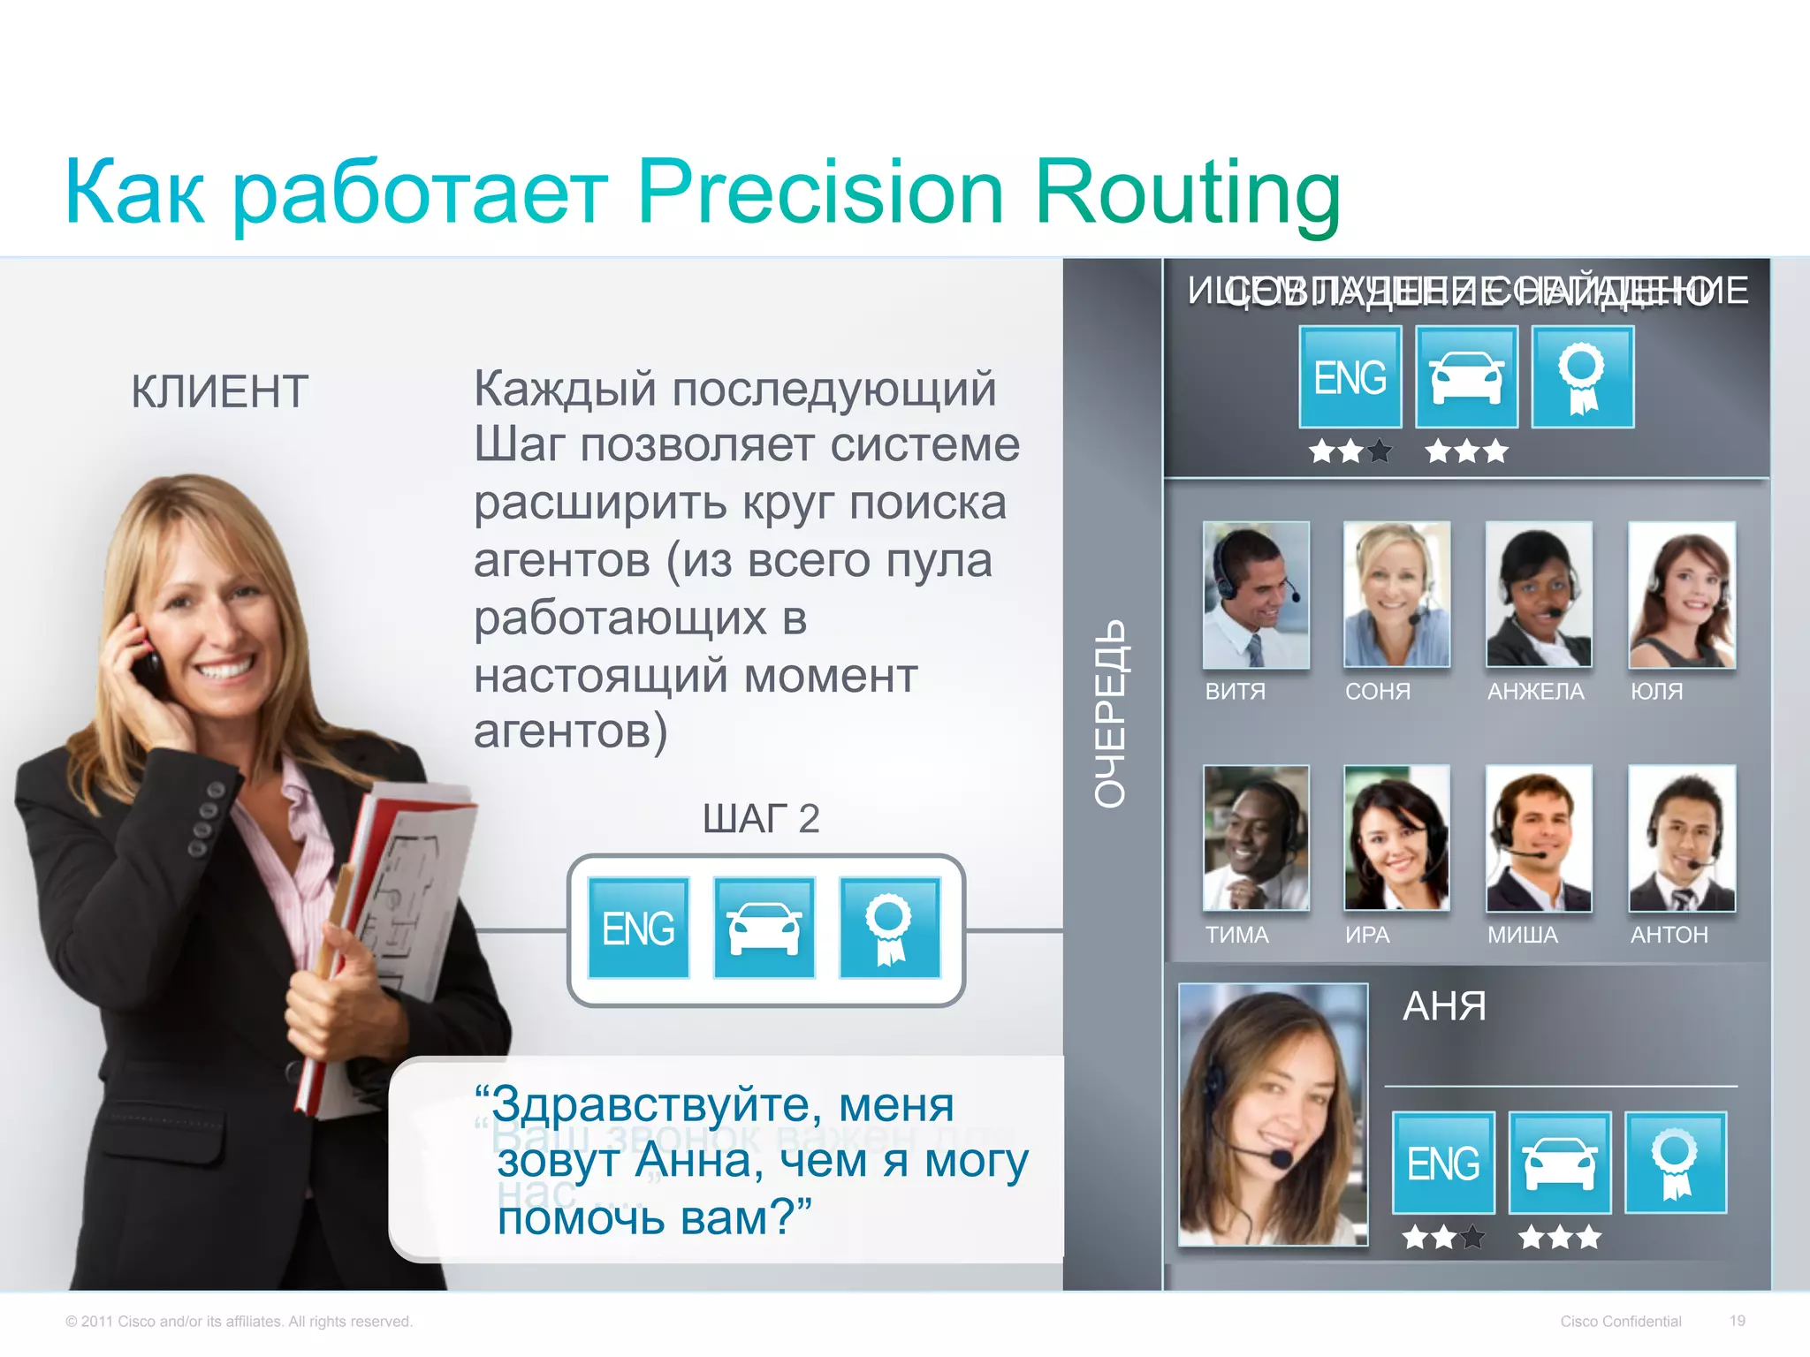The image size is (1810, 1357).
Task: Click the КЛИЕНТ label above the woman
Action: (x=219, y=391)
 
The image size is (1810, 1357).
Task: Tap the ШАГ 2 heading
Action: (x=761, y=819)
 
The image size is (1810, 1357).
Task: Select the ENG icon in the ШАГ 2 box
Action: (x=638, y=929)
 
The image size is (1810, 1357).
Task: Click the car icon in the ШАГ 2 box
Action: (x=764, y=929)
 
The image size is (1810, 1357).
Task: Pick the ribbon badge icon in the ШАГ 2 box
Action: (x=889, y=929)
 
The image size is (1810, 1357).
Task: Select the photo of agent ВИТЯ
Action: (x=1255, y=595)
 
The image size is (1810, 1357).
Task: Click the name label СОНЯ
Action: (x=1377, y=692)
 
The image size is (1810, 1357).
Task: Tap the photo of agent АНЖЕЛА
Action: (x=1539, y=595)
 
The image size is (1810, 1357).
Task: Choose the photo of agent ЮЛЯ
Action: (x=1681, y=595)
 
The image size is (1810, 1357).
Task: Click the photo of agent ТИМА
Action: (x=1255, y=838)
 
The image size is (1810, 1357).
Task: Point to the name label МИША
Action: (x=1522, y=935)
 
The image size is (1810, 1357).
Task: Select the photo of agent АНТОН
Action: (x=1681, y=838)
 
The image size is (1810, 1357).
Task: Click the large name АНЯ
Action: (x=1444, y=1006)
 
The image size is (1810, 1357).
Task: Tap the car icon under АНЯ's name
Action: (x=1560, y=1163)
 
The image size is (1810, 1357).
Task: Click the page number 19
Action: (x=1737, y=1321)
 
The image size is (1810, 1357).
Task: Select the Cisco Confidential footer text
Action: (x=1620, y=1322)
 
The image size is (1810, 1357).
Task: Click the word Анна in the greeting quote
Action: (x=699, y=1161)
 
